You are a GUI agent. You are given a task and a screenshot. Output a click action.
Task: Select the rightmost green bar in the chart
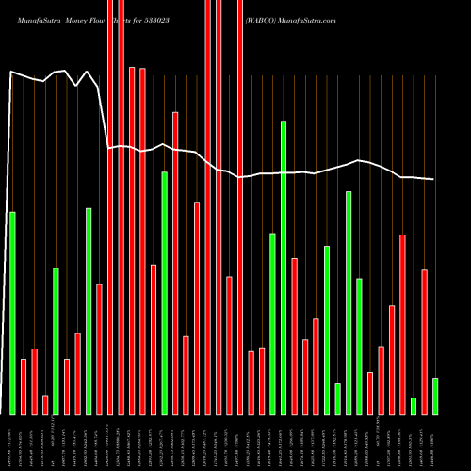(x=434, y=396)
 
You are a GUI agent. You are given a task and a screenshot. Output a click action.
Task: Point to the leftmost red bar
(x=24, y=386)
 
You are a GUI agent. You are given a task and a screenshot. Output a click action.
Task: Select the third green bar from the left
(x=89, y=311)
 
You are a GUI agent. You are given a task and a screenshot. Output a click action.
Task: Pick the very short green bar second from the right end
(x=413, y=406)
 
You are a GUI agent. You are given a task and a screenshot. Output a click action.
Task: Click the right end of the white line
(x=433, y=179)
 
